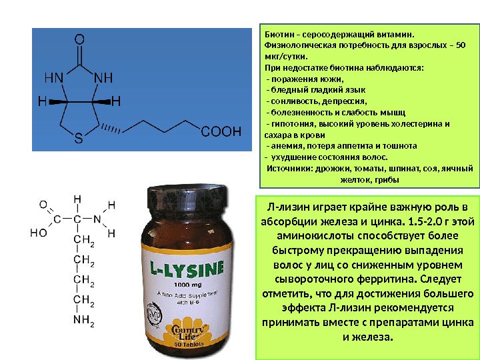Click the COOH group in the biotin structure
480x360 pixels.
coord(220,132)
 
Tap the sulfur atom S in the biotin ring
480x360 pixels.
coord(78,140)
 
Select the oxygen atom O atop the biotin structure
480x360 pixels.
coord(79,40)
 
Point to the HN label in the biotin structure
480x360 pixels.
coord(55,78)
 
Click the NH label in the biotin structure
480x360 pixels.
coord(104,78)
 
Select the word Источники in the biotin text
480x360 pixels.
coord(289,169)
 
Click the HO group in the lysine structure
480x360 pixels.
coord(39,233)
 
